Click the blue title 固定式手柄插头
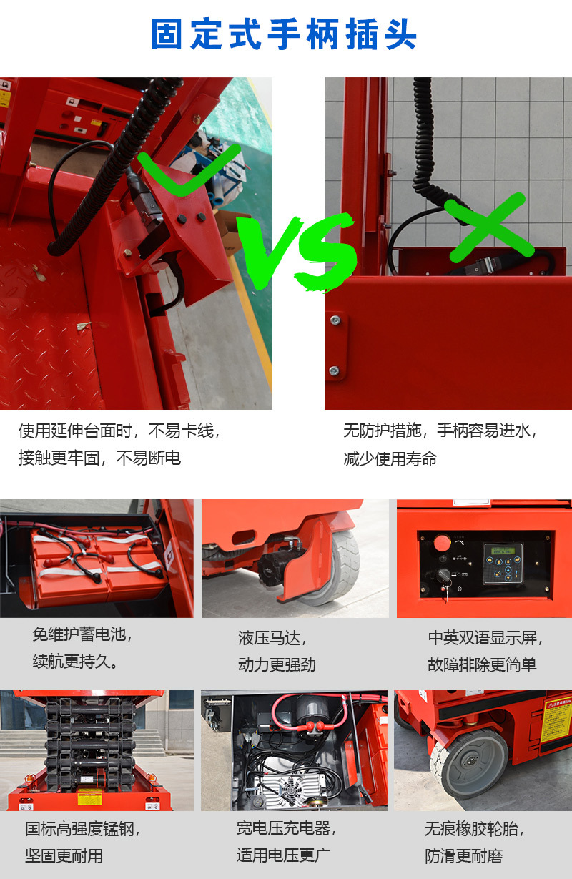[284, 34]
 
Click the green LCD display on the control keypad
[503, 551]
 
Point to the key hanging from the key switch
[448, 584]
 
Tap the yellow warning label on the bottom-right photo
[556, 719]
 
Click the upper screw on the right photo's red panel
[335, 321]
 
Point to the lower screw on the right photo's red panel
[335, 370]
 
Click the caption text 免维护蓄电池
[83, 634]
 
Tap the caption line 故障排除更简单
[482, 664]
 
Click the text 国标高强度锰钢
[83, 829]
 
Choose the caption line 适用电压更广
[283, 855]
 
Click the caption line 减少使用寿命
[390, 458]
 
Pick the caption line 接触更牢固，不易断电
[99, 458]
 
